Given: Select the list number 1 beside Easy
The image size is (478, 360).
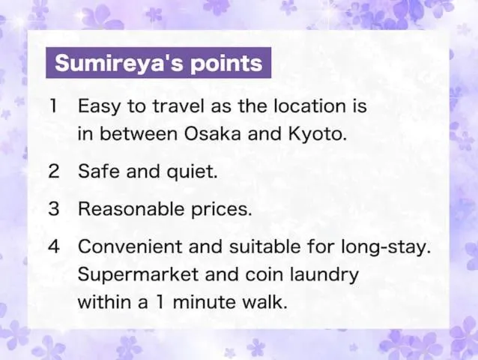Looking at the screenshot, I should point(53,106).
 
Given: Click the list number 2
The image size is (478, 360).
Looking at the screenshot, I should point(53,171).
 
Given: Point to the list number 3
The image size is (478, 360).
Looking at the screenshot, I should point(53,209).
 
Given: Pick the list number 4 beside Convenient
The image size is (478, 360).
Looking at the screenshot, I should point(53,247).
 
